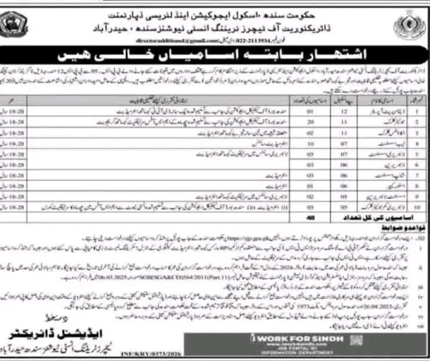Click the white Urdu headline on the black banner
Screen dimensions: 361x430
214,57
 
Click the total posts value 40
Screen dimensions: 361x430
309,218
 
